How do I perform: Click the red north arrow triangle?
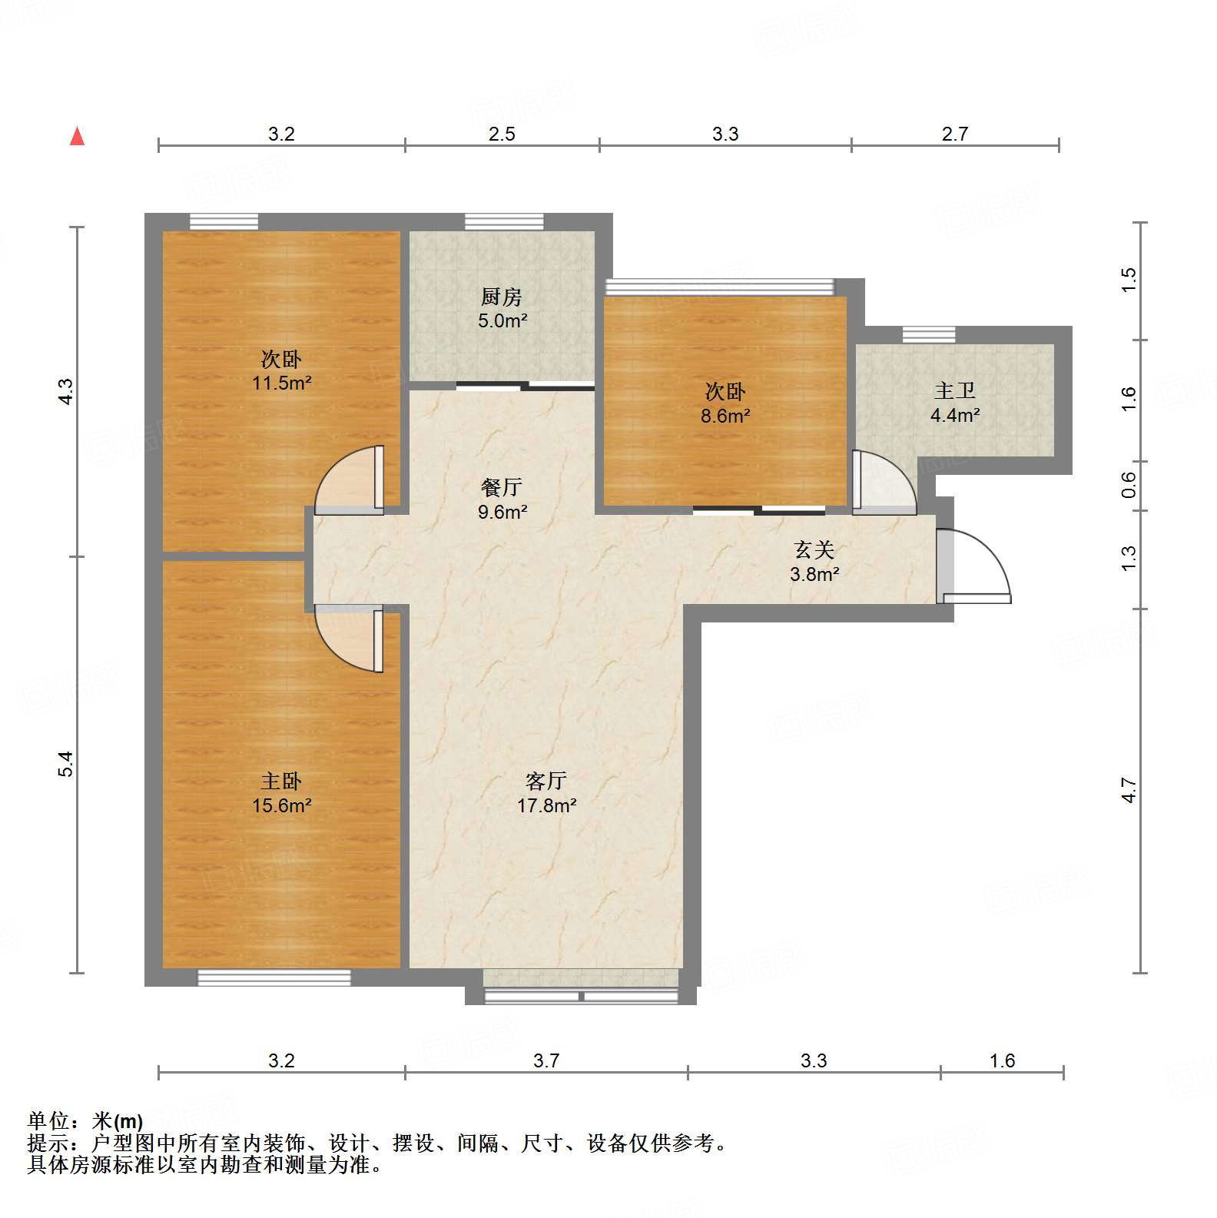77,137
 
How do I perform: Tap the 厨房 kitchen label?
502,297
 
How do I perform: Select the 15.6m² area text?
281,805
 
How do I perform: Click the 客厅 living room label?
545,782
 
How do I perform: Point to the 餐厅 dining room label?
502,487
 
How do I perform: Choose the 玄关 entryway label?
814,550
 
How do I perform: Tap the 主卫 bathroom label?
955,391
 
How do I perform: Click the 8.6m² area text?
725,416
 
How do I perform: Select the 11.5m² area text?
281,383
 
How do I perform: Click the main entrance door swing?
974,565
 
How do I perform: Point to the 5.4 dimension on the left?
66,764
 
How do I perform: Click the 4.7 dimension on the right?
1128,790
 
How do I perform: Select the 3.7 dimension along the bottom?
545,1061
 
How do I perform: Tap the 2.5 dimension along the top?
502,134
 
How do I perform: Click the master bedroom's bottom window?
274,977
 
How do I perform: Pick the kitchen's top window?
504,221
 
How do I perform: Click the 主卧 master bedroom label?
281,782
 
